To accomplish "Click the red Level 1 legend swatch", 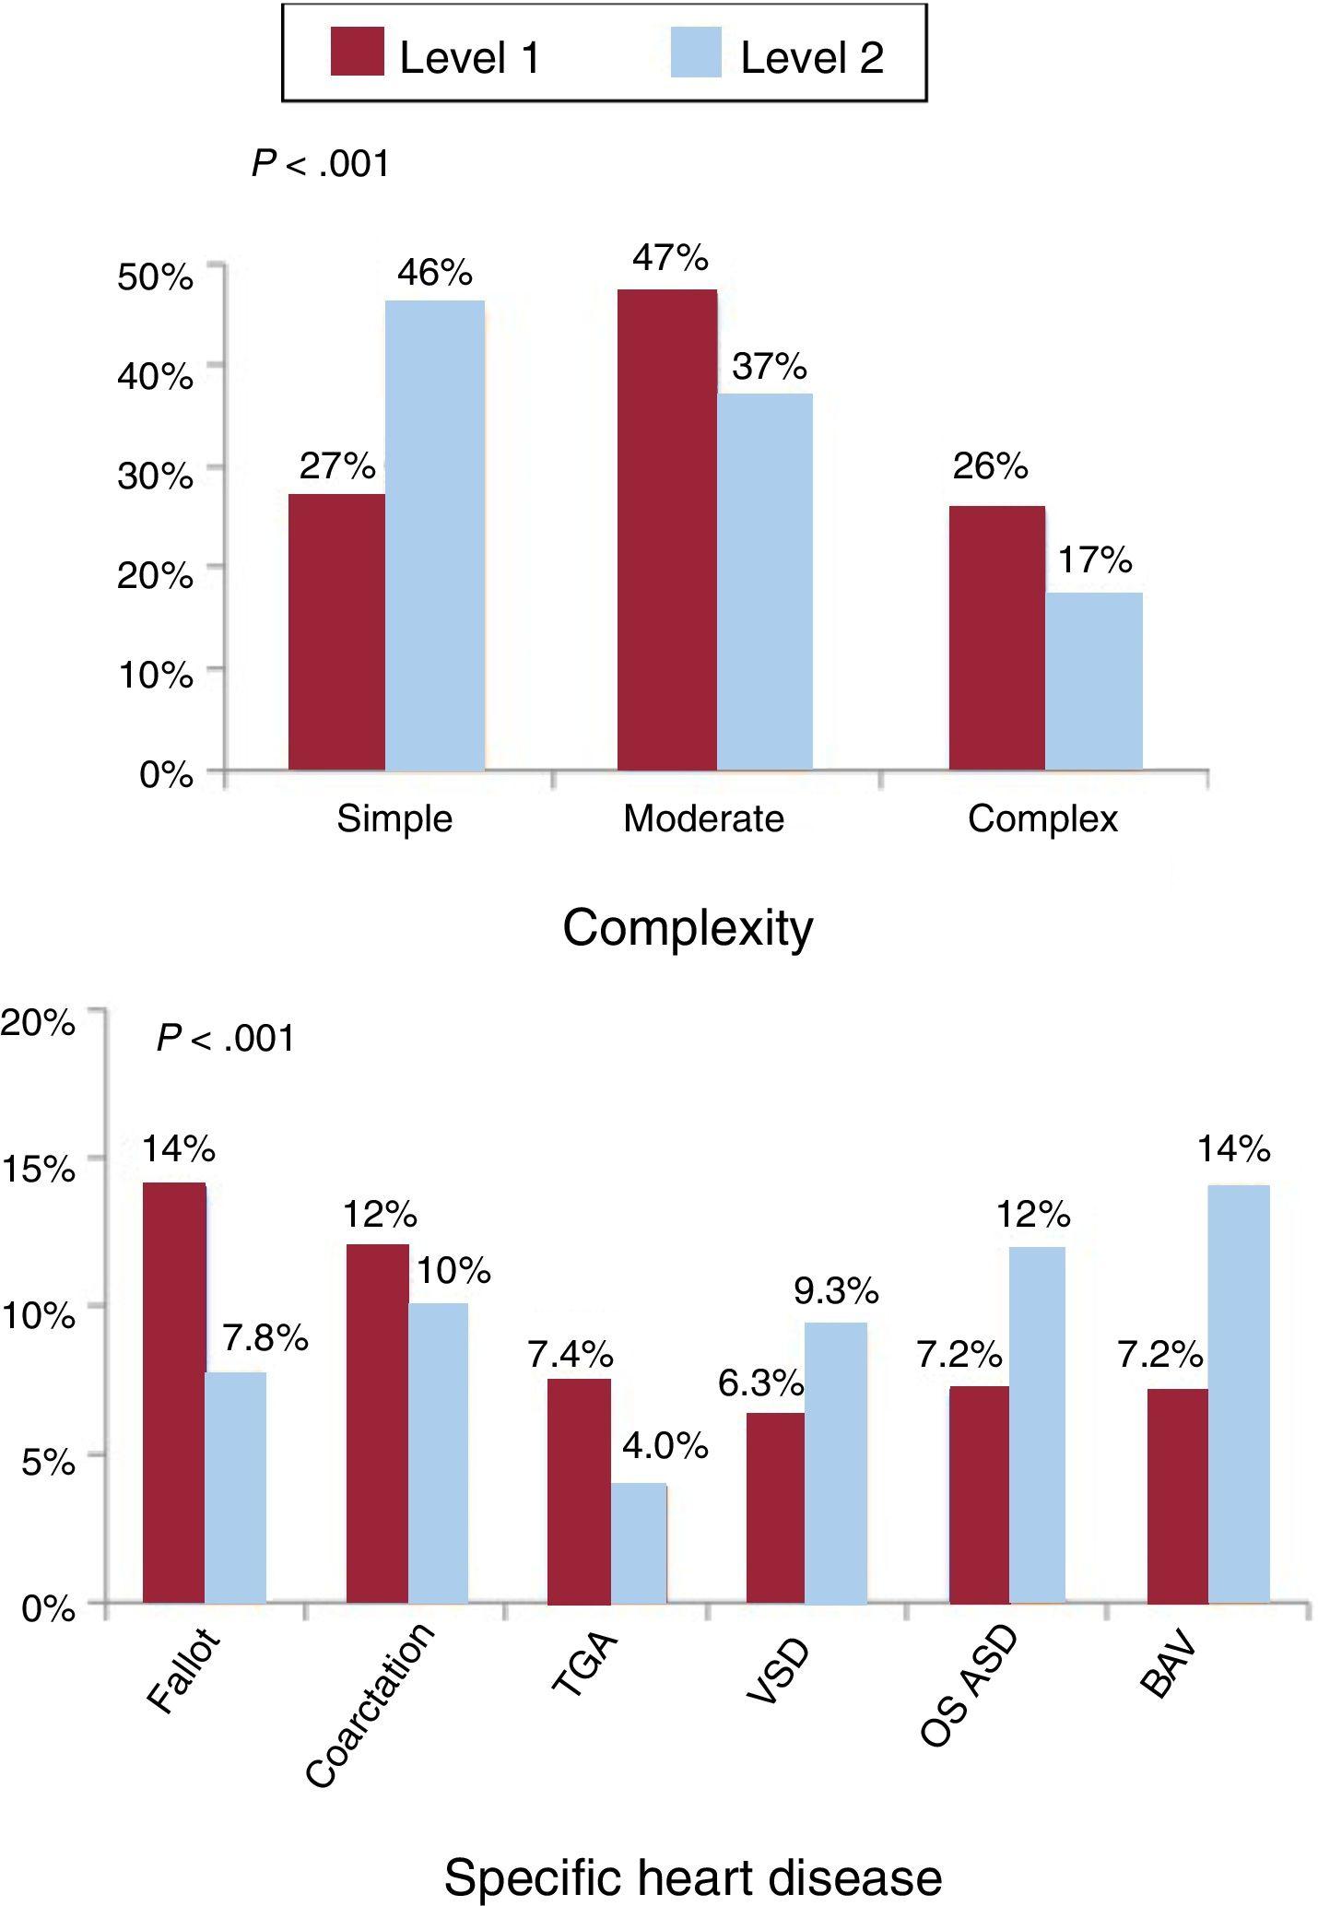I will (357, 52).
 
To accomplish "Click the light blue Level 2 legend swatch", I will (696, 52).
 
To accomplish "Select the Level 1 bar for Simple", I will (336, 631).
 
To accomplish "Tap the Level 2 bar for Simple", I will (435, 535).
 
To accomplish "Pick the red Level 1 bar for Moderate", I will (666, 530).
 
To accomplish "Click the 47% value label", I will (670, 259).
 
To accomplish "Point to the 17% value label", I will (1094, 559).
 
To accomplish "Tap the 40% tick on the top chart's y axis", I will (156, 376).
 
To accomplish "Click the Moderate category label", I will (703, 818).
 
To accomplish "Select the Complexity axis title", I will (688, 928).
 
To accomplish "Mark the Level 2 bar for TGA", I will (639, 1543).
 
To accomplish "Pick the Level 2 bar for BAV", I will (1239, 1394).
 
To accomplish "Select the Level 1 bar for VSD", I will (775, 1508).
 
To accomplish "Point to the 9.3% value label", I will (836, 1291).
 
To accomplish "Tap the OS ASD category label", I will (970, 1687).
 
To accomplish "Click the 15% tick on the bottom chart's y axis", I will (39, 1169).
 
